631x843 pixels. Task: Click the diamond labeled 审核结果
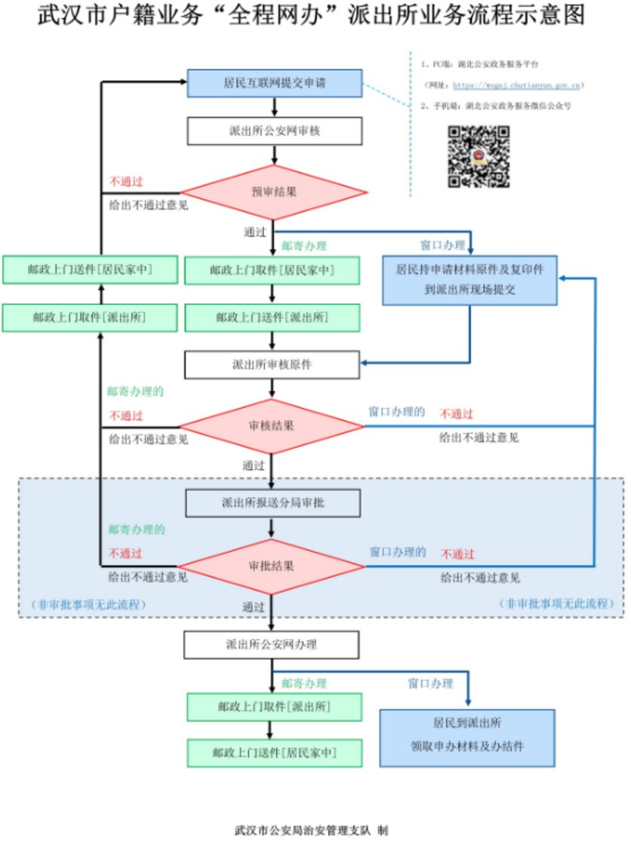tap(272, 425)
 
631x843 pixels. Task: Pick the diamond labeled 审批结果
tap(272, 566)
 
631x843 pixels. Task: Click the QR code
tap(479, 156)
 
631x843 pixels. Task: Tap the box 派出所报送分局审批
tap(272, 503)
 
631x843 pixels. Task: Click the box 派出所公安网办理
tap(272, 644)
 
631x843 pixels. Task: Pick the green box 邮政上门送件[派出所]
tap(272, 317)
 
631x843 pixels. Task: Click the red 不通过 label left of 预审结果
tap(126, 182)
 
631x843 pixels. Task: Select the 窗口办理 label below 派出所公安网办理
tap(431, 684)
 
